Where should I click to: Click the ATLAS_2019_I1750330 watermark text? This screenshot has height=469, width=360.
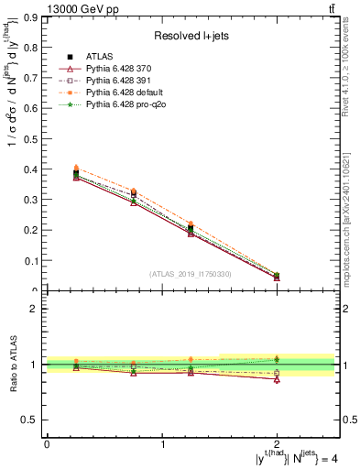[x=191, y=274]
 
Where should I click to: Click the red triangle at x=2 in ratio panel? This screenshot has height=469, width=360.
[x=277, y=378]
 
